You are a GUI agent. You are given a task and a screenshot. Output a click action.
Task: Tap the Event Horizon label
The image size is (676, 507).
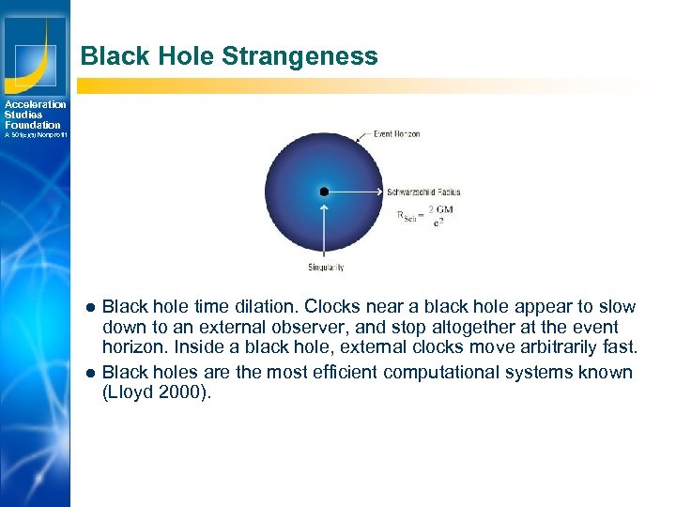pos(396,134)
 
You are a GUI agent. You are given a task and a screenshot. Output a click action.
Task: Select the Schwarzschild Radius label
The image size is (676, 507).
pos(423,192)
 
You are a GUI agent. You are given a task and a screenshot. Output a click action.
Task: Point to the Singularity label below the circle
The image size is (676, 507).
pos(325,268)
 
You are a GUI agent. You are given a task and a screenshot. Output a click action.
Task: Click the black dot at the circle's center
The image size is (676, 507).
pos(324,192)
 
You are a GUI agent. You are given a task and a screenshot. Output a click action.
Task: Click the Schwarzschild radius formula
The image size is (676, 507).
pos(424,216)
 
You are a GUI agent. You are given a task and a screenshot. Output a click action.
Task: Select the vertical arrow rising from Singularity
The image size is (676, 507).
pos(324,230)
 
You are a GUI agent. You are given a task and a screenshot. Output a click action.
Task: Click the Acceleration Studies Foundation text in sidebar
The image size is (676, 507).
pos(35,115)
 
